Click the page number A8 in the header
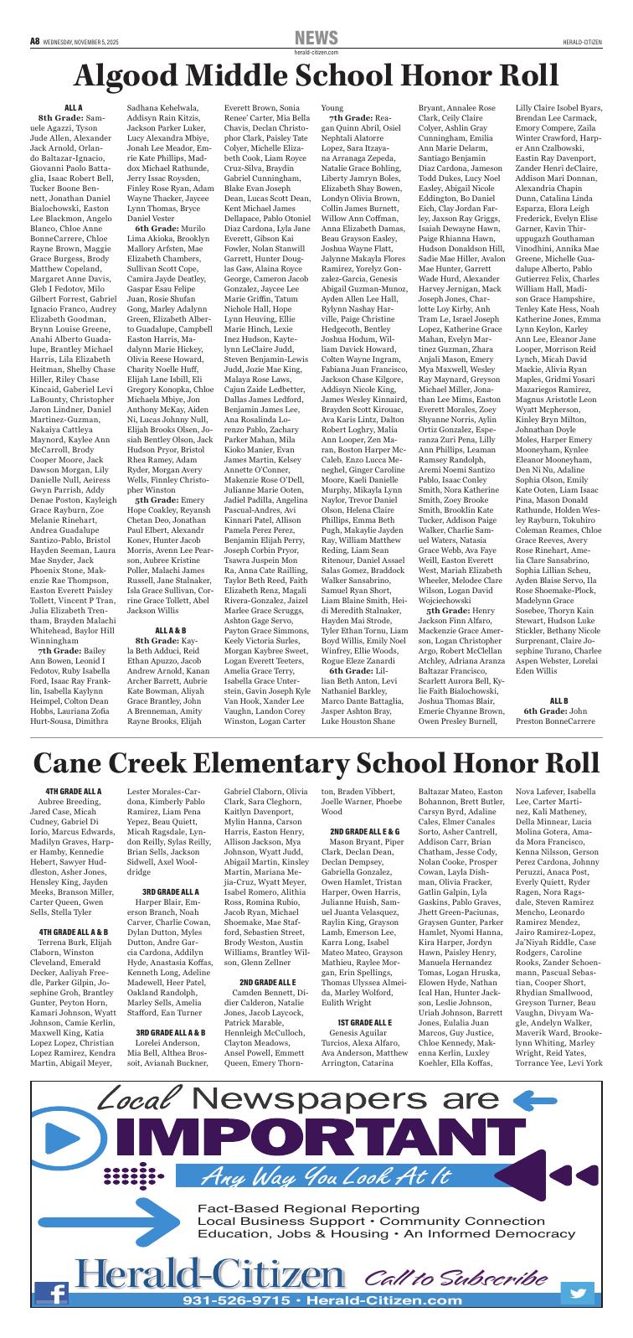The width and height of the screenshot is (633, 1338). [34, 40]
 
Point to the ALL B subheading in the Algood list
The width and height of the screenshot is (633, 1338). [558, 700]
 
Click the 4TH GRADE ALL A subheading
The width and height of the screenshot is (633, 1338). [74, 790]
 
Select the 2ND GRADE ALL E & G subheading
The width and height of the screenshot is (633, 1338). [365, 830]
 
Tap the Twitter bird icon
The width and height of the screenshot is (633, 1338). [577, 1292]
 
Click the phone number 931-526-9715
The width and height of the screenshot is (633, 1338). [239, 1300]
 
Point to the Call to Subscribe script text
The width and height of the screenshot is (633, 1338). [451, 1279]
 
